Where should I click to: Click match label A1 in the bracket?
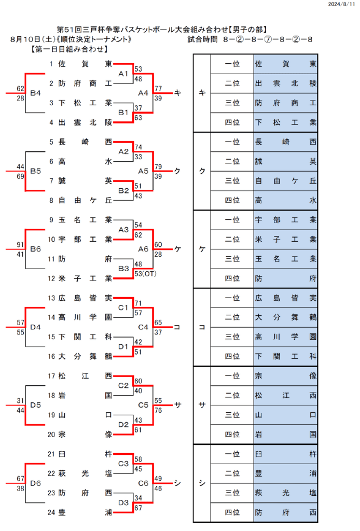coord(123,74)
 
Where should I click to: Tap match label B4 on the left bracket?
coord(35,93)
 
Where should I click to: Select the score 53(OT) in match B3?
coord(145,273)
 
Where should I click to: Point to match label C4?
coord(143,327)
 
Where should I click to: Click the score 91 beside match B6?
coord(20,244)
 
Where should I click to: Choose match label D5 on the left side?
coord(35,405)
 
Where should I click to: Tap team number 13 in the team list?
coord(51,298)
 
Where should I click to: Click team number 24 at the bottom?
coord(51,512)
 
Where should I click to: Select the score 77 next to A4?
coord(158,88)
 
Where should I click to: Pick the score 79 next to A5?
coord(158,166)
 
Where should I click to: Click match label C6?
coord(143,483)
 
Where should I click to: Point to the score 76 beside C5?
coord(158,410)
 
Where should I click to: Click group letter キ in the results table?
coord(202,93)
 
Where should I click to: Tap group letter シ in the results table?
coord(202,483)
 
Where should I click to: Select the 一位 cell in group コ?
coord(232,298)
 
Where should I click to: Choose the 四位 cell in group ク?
coord(232,200)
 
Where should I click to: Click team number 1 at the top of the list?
coord(51,64)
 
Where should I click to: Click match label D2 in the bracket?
coord(123,425)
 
